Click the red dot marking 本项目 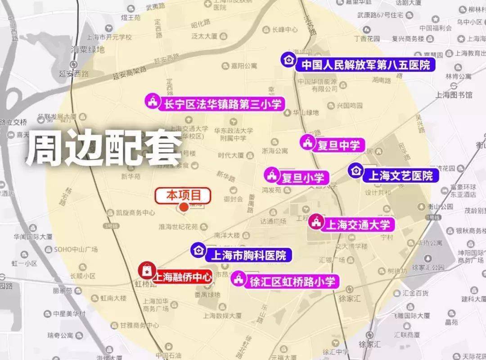184,207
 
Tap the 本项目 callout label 183,195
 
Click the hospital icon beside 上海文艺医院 356,170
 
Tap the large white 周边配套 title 103,149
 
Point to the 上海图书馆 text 454,95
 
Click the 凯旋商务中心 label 135,212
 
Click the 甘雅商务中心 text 139,325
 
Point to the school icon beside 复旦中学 308,143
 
